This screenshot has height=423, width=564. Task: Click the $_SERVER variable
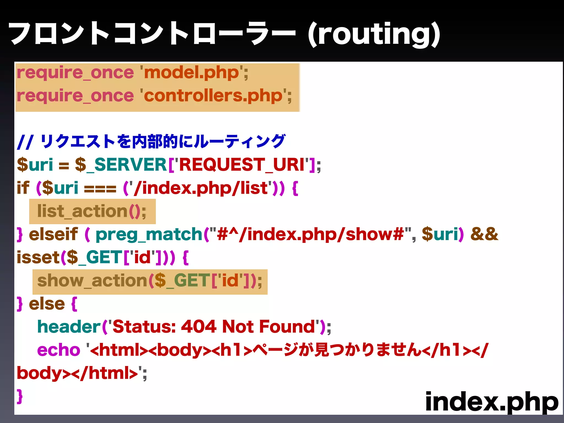point(121,165)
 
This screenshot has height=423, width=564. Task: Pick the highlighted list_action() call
point(92,211)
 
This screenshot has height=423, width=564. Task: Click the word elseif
point(53,234)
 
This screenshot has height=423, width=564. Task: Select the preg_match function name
point(149,235)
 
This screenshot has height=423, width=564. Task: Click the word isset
point(38,257)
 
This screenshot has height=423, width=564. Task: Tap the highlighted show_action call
point(150,281)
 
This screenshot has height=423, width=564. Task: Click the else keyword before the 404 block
point(47,304)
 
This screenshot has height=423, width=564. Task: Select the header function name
point(69,327)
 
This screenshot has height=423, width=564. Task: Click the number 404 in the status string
point(199,327)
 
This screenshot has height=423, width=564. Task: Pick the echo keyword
point(59,350)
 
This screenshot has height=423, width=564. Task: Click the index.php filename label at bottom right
point(492,402)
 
